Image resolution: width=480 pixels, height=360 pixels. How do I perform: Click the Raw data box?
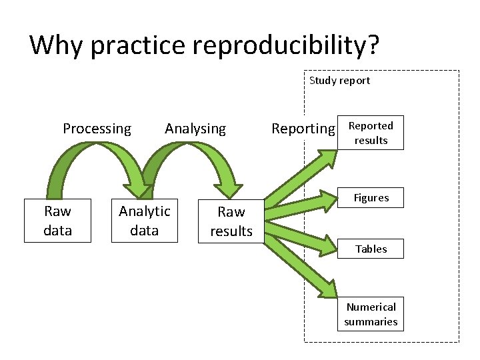point(57,221)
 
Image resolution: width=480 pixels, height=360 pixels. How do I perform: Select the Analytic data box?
point(145,221)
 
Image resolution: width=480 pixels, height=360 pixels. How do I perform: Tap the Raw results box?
point(231,221)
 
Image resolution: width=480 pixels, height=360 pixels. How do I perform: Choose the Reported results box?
point(371,133)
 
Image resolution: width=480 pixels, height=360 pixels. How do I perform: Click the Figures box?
point(371,198)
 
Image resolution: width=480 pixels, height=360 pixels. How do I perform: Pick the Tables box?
point(371,249)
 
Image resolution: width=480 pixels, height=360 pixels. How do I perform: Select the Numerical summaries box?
point(371,314)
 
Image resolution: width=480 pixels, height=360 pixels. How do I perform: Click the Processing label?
point(97,129)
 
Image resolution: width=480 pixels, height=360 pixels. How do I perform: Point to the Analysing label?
point(195,129)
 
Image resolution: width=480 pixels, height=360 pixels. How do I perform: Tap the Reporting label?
point(303,129)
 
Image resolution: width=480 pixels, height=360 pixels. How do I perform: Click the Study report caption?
point(339,81)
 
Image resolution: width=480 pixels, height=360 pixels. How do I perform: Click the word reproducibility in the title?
point(274,45)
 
